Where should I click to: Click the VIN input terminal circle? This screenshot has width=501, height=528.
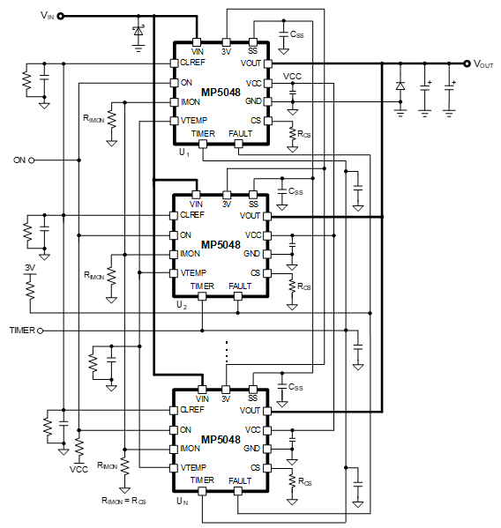tap(61, 16)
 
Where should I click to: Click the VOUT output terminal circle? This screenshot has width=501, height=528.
tap(467, 63)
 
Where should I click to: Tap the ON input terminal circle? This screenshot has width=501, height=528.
tap(32, 160)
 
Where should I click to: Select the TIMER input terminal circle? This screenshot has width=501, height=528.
tap(40, 331)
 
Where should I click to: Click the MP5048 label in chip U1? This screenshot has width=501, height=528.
tap(221, 93)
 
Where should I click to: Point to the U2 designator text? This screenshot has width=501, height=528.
tap(182, 305)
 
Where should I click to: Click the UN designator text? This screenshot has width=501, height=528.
tap(183, 501)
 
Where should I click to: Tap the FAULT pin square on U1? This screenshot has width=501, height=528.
tap(238, 145)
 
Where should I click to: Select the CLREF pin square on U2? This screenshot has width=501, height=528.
tap(174, 215)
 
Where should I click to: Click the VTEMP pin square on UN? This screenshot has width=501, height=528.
tap(174, 468)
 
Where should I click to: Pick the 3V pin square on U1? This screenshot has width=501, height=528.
tap(226, 42)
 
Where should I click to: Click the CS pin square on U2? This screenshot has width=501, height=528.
tap(267, 273)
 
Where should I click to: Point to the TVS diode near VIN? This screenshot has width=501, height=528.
tap(138, 32)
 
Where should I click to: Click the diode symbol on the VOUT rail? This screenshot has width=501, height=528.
tap(400, 86)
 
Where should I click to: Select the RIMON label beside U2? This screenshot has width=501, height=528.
tap(94, 276)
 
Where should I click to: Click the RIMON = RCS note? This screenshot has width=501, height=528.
tap(123, 501)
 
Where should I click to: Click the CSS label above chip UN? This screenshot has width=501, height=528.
tap(295, 387)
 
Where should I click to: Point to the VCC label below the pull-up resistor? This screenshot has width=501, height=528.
tap(79, 470)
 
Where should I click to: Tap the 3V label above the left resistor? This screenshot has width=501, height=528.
tap(30, 268)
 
